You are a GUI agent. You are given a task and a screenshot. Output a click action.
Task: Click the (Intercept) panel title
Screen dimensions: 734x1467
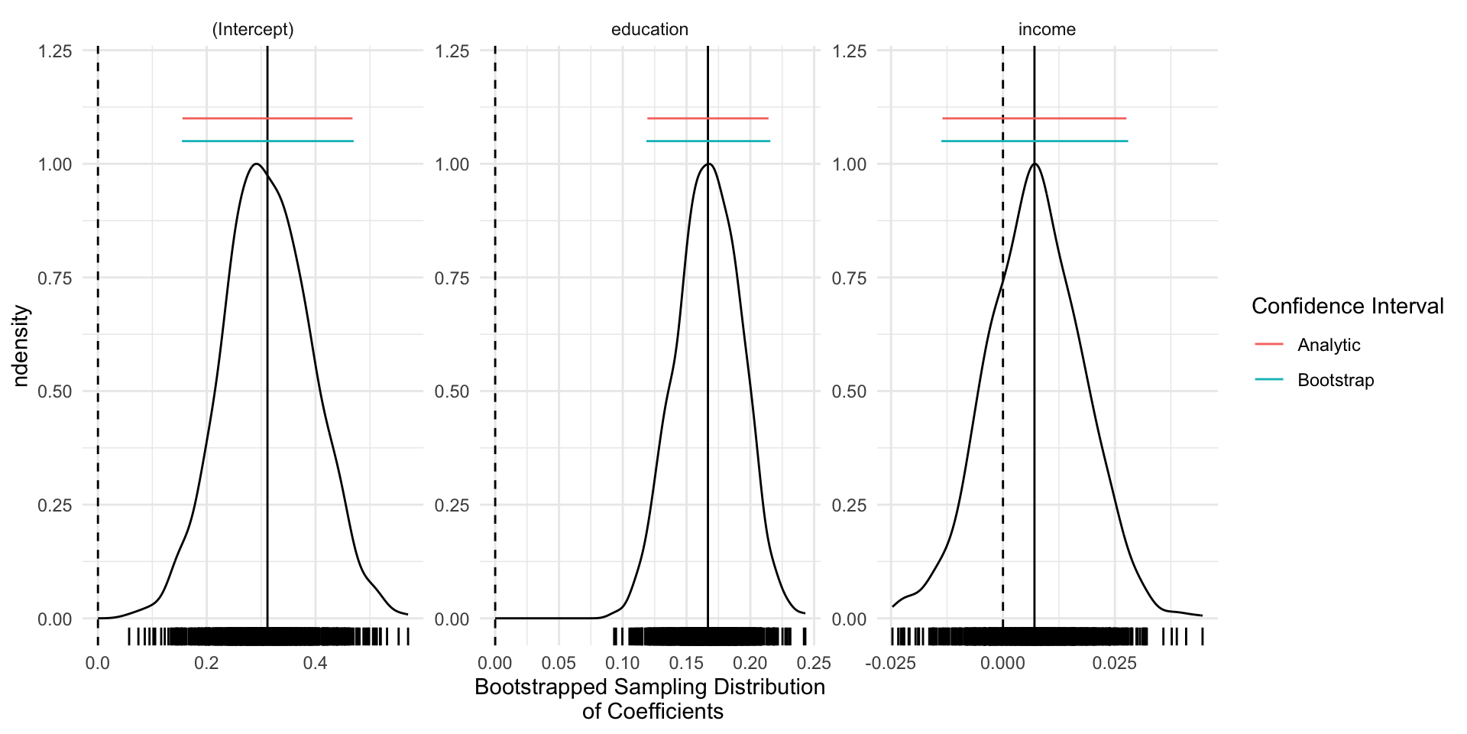252,30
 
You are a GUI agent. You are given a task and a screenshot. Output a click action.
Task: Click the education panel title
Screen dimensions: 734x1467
649,30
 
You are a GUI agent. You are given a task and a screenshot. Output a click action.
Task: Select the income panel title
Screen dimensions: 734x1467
1047,30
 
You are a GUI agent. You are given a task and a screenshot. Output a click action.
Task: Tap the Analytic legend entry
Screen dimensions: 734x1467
1328,345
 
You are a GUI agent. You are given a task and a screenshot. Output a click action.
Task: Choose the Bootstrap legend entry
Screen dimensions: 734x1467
1335,380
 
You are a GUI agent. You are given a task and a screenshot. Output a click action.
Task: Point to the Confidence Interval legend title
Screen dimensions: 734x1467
1347,307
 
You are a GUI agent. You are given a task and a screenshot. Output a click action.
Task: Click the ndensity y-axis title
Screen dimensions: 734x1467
21,346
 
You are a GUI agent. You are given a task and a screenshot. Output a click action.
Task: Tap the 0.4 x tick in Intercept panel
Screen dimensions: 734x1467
315,663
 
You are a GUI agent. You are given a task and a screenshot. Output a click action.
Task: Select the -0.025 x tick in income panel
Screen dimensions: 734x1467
890,663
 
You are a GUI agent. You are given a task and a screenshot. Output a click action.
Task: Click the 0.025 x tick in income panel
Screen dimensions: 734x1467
1114,663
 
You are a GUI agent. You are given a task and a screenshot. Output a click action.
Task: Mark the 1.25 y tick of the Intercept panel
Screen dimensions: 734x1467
55,51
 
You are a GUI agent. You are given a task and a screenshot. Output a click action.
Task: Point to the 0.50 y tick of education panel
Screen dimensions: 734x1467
452,391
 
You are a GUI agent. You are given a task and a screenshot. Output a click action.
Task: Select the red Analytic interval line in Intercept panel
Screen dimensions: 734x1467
229,119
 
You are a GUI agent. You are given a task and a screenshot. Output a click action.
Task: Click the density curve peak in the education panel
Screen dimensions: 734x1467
708,164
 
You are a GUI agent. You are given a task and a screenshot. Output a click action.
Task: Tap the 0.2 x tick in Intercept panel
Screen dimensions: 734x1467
206,663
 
